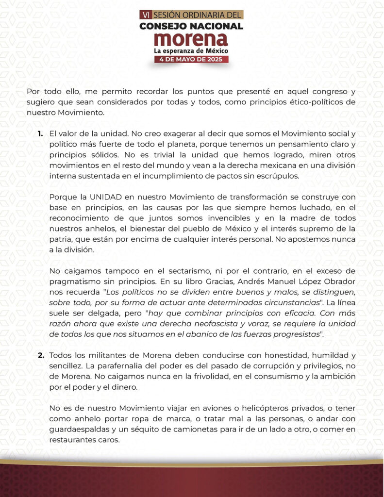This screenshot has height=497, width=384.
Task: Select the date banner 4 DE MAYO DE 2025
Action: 191,60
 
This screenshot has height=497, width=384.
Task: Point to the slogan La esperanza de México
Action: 191,50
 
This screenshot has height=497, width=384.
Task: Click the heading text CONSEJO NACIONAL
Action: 191,26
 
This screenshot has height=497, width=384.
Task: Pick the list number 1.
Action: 40,133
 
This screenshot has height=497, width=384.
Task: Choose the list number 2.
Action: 41,356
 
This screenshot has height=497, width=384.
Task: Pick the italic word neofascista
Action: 228,324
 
